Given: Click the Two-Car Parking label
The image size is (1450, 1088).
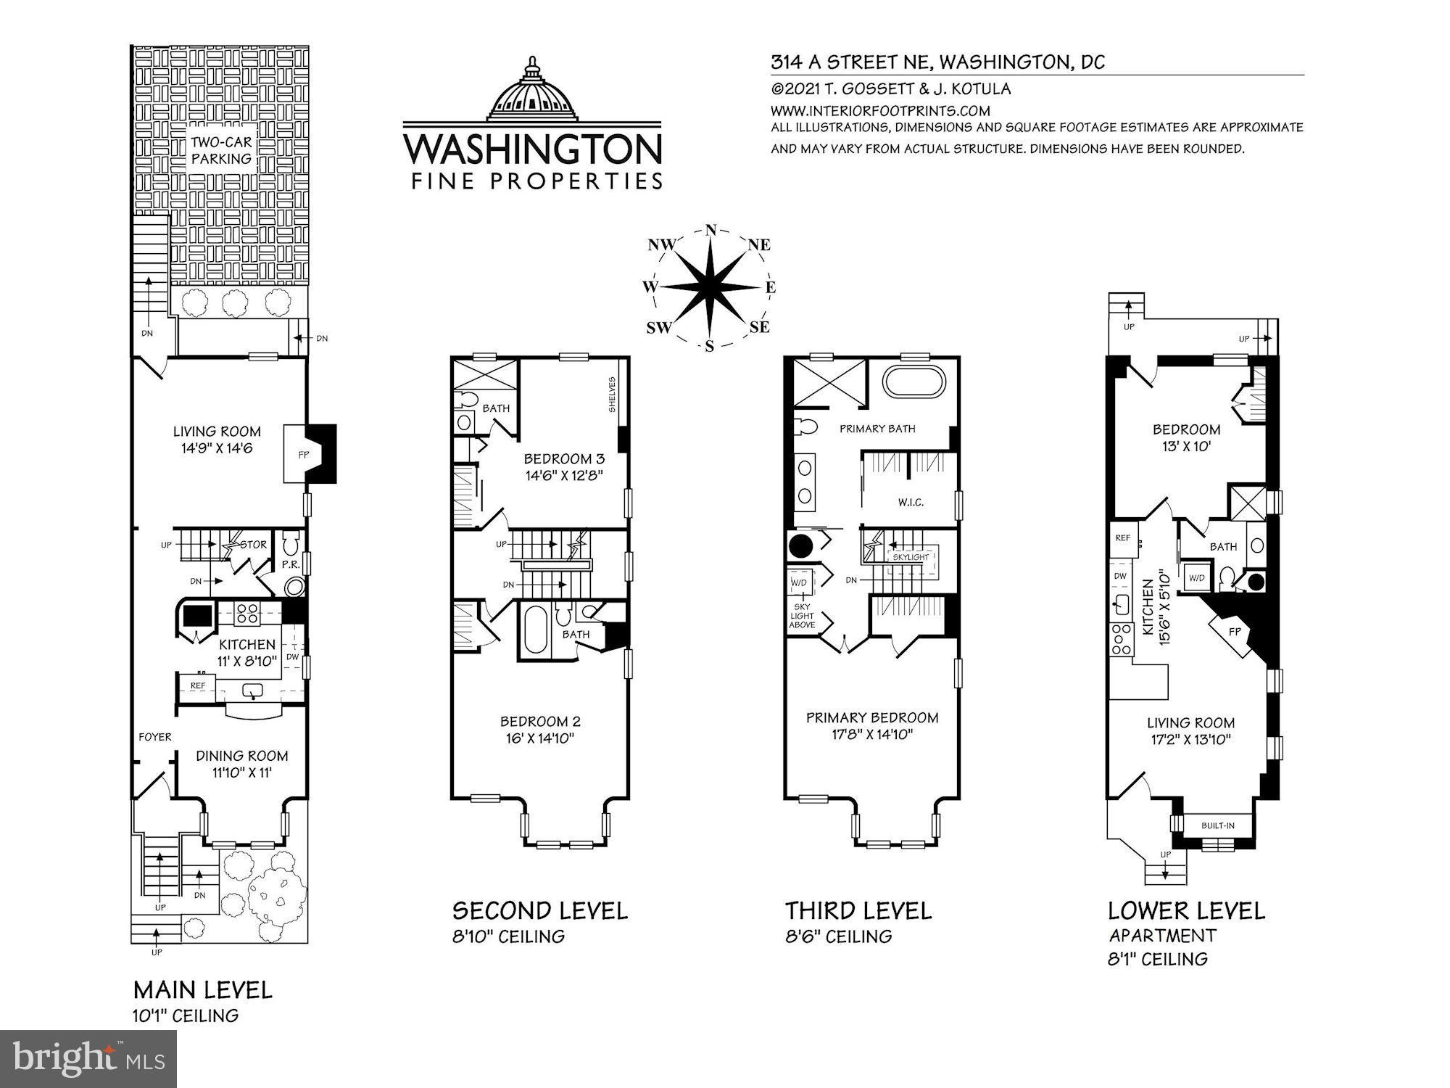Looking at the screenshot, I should pos(221,150).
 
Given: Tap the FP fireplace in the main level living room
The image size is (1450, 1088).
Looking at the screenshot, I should pos(303,456).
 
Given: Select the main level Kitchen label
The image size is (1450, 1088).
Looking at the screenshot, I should pos(247,644).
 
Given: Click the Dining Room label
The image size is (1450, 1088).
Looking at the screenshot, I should pos(241,756).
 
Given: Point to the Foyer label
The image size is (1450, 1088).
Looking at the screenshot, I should pos(155,737).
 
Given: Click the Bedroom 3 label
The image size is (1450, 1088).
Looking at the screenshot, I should pos(564,459).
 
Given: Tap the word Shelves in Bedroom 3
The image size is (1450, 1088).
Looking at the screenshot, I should pos(613,395).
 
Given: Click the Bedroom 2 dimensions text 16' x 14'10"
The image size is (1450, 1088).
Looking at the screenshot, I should pos(540,739).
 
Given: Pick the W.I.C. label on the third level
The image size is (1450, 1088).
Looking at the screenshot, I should pos(911,502).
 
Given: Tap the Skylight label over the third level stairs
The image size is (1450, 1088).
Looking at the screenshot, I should pos(910,557).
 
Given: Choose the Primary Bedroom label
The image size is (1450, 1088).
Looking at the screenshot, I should pos(872,717).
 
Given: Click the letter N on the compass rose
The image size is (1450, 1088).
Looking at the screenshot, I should pos(710,230).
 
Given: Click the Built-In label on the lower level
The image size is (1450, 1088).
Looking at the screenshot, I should pos(1217,825).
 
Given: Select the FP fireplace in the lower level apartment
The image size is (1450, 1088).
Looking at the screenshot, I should pos(1235,632).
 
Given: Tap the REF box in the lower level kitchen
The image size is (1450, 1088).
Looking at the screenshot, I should pos(1122,538).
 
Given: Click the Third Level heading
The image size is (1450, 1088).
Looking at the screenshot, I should pos(858,910).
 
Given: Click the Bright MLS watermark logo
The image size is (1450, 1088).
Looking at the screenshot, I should pos(88,1059).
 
